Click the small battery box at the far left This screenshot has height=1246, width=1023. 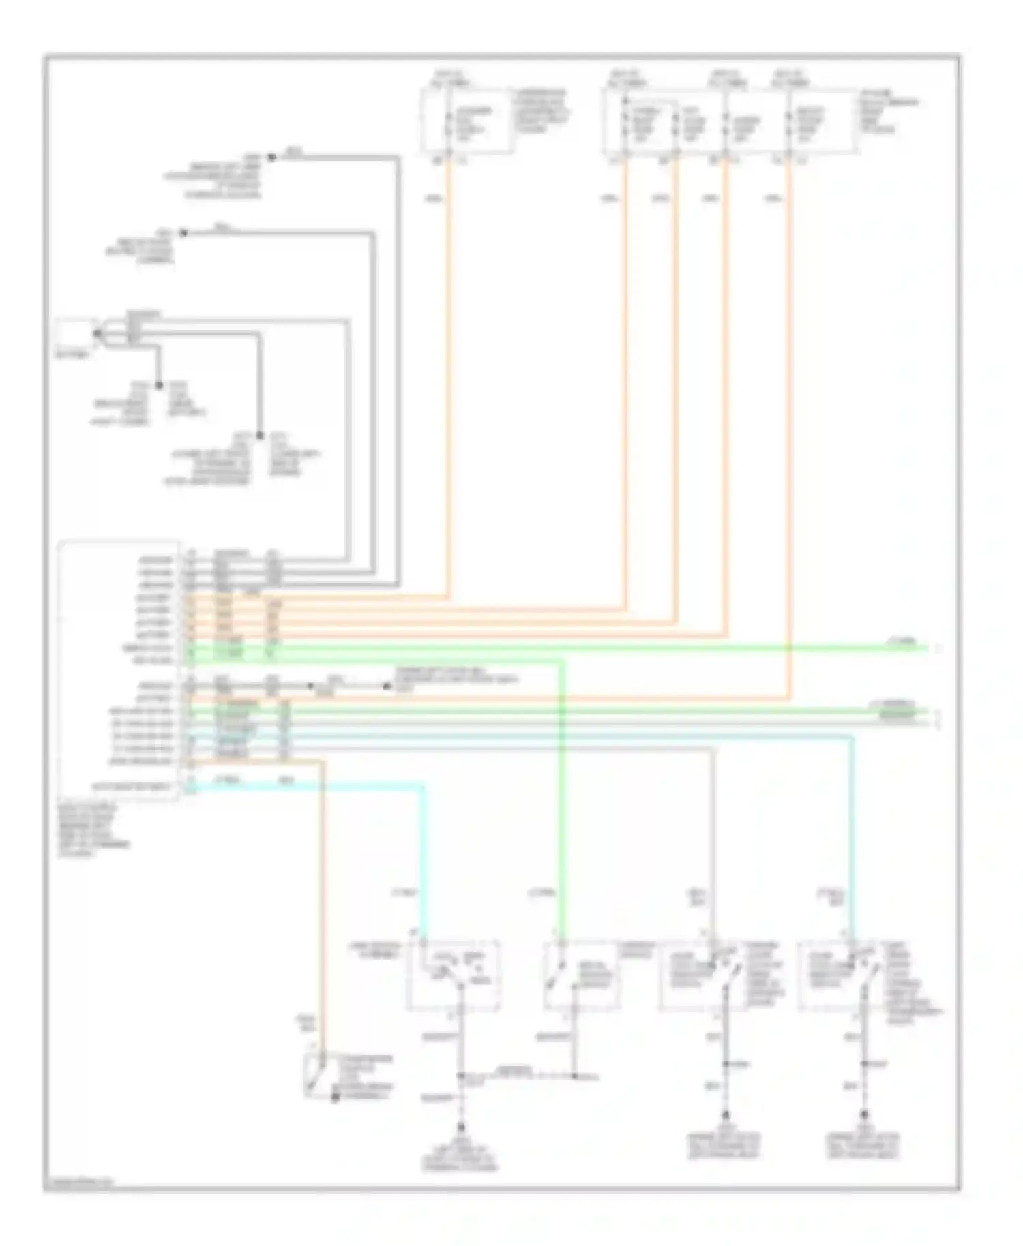[74, 335]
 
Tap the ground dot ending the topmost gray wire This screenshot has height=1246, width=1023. [271, 157]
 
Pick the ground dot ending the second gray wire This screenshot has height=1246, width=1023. [183, 233]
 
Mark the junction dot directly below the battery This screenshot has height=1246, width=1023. [158, 386]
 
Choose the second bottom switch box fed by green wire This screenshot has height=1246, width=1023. [581, 975]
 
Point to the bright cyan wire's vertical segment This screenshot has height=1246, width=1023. [423, 859]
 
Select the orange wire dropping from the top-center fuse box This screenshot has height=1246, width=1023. [449, 375]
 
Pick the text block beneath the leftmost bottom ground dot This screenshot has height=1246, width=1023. [461, 1155]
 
